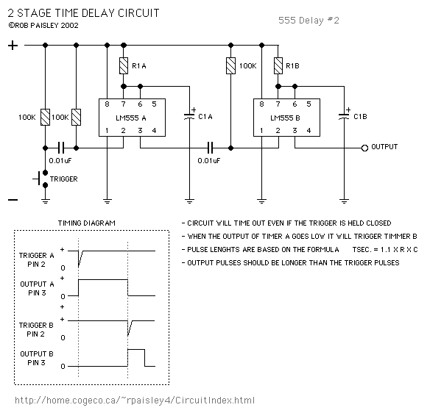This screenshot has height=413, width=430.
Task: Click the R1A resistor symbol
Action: click(124, 65)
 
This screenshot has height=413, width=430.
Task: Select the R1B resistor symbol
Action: click(278, 65)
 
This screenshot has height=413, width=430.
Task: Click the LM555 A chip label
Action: click(131, 118)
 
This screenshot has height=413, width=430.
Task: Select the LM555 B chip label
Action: click(285, 118)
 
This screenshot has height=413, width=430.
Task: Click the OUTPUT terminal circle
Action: click(364, 148)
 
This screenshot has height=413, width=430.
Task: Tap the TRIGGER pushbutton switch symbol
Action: click(41, 179)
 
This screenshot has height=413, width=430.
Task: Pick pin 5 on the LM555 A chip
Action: click(154, 104)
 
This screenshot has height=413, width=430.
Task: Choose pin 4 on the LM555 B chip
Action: click(309, 131)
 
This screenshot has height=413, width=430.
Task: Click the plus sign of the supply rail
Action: click(13, 45)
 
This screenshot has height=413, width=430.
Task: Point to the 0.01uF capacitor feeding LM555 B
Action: click(210, 148)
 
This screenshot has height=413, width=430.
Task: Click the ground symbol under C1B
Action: click(344, 201)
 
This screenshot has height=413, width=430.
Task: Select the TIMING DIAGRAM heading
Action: click(87, 223)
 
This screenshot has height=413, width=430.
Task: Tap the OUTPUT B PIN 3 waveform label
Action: click(37, 359)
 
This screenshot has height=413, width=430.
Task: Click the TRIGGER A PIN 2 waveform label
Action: click(37, 259)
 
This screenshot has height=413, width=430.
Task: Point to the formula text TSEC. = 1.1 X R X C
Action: click(385, 250)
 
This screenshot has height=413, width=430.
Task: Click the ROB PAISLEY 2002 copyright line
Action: click(43, 26)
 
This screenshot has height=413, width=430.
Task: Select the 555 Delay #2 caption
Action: click(309, 21)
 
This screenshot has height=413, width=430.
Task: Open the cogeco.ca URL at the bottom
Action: click(135, 401)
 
